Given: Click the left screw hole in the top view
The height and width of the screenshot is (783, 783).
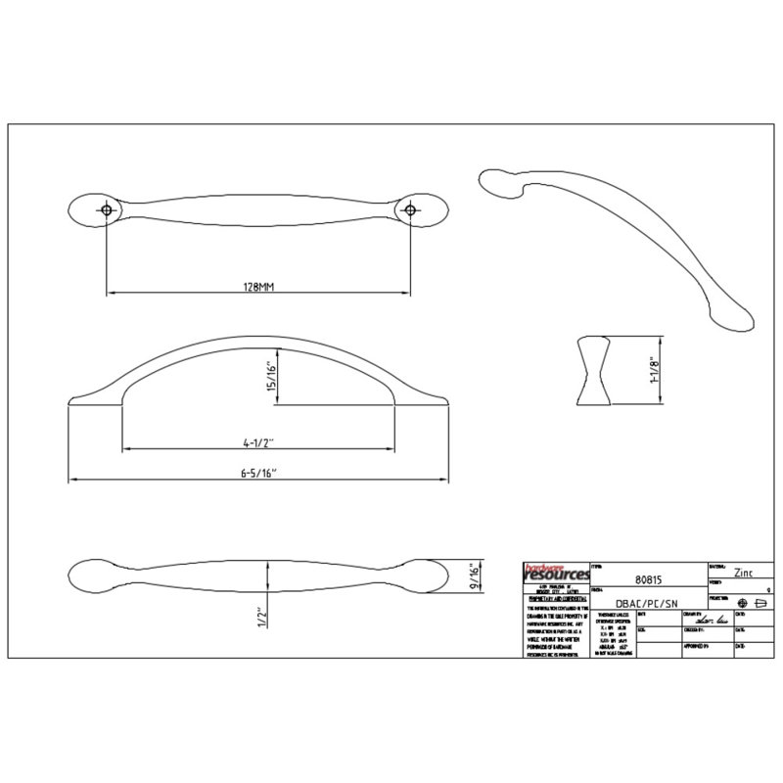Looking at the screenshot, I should point(106,210).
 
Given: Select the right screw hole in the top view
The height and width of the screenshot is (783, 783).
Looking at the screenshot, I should point(411,210).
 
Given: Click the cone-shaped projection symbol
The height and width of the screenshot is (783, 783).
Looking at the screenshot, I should point(760,602).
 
